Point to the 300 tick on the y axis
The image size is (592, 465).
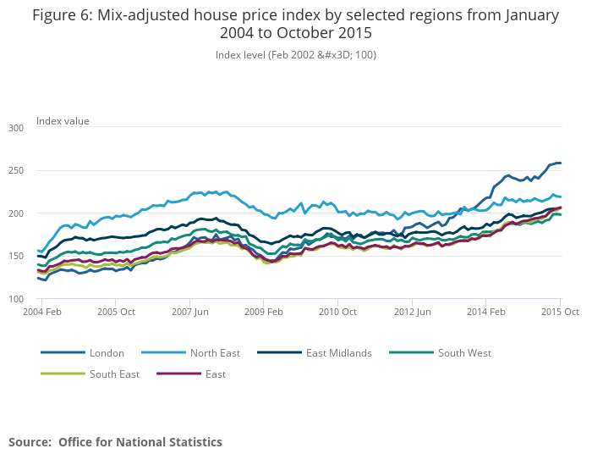tap(16, 128)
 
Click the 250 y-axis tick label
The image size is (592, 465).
tap(16, 170)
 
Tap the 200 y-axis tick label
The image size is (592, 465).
tap(16, 213)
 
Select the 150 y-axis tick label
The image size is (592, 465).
tap(16, 256)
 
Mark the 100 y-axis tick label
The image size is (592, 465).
tap(16, 299)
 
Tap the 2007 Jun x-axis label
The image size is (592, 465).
tap(189, 312)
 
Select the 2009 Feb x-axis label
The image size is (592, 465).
tap(263, 312)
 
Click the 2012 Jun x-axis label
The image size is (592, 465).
tap(412, 312)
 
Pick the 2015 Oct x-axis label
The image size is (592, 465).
tap(559, 312)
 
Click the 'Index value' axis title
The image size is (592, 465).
tap(63, 121)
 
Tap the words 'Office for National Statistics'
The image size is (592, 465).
tap(140, 442)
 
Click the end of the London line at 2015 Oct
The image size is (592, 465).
tap(560, 163)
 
